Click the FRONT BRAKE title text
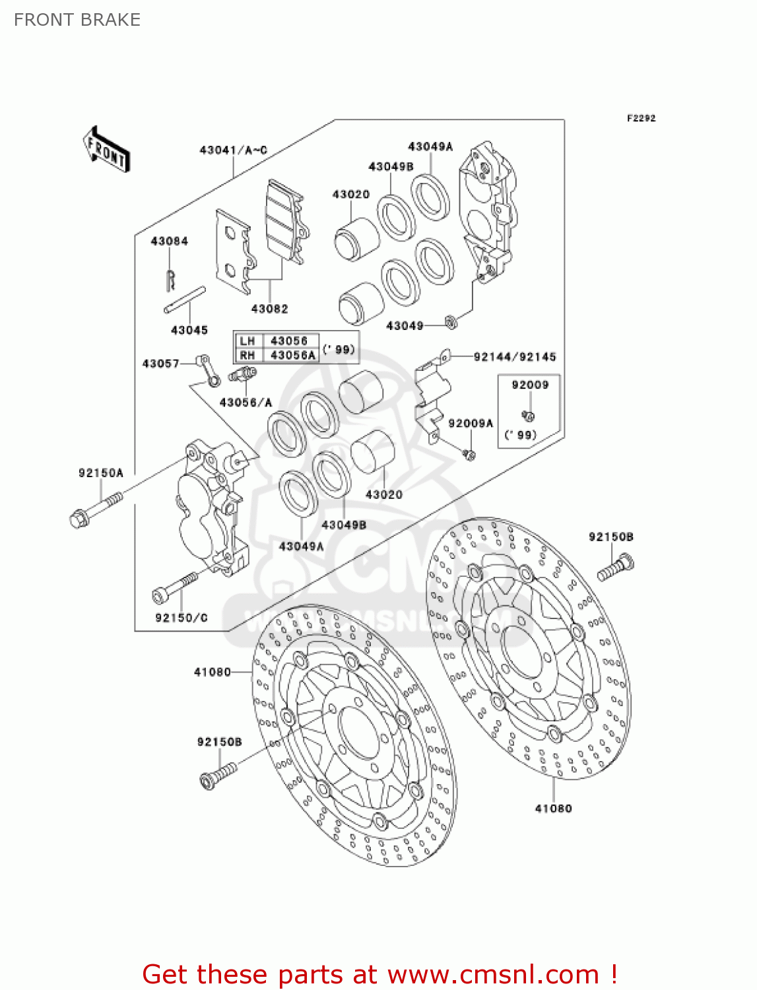[77, 20]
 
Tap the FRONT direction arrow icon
[106, 150]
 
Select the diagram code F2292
[641, 118]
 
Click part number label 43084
[169, 242]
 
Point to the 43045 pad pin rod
[185, 300]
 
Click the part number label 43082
[269, 309]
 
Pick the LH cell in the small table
[247, 341]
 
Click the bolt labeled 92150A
[96, 510]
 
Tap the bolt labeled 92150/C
[175, 587]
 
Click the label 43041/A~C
[233, 150]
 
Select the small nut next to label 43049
[451, 322]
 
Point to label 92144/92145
[515, 357]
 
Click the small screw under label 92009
[528, 416]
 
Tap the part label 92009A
[470, 424]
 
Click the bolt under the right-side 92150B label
[615, 569]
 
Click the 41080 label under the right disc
[553, 808]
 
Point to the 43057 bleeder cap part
[209, 370]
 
